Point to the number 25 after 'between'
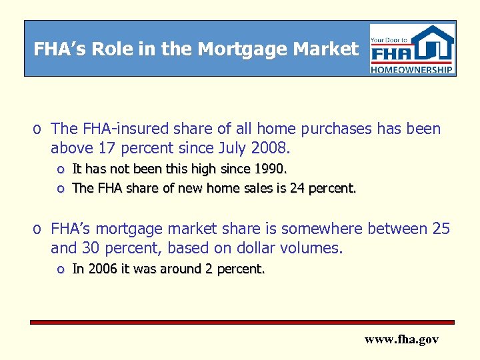pyautogui.click(x=441, y=229)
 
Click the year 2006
pyautogui.click(x=101, y=269)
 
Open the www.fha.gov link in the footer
pyautogui.click(x=401, y=339)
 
